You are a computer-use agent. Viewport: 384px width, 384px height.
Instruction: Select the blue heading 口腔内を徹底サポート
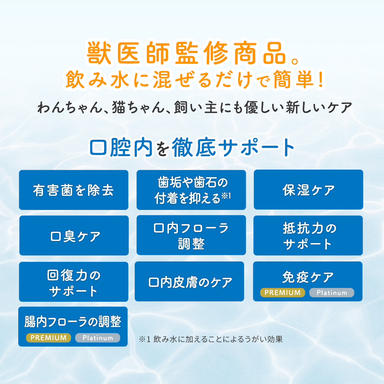coord(192,148)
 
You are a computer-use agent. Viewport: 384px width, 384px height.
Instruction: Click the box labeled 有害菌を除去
coord(74,190)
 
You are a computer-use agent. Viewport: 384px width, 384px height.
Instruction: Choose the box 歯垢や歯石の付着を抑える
coord(191,190)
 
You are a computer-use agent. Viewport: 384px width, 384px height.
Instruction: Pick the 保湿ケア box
coord(308,190)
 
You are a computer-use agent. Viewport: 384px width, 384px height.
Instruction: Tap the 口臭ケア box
coord(74,236)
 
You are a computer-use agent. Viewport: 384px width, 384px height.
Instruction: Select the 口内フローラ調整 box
coord(191,236)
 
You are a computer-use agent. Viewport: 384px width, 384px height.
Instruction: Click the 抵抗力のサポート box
coord(308,236)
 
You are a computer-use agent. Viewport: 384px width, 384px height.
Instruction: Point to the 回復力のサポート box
coord(74,282)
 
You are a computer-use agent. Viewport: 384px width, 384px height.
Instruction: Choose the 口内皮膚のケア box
coord(189,282)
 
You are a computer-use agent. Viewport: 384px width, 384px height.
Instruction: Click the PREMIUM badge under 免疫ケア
coord(283,292)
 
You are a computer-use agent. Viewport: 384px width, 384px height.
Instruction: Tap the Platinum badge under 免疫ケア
coord(332,292)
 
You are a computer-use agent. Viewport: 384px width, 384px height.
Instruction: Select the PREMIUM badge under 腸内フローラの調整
coord(49,338)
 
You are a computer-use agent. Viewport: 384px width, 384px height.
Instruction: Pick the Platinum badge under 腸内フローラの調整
coord(98,338)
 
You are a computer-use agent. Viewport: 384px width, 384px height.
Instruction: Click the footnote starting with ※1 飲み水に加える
coord(211,339)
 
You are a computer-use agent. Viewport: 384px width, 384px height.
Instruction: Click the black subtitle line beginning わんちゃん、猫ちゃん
coord(195,108)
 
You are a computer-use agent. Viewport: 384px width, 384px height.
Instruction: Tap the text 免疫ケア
coord(308,277)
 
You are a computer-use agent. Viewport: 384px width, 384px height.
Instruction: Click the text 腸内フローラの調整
coord(73,322)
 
